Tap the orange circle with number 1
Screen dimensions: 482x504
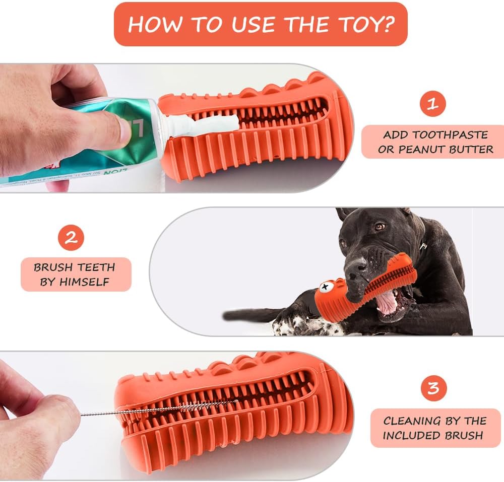(432, 104)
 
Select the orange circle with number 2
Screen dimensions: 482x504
(71, 238)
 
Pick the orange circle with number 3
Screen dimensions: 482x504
(433, 388)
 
